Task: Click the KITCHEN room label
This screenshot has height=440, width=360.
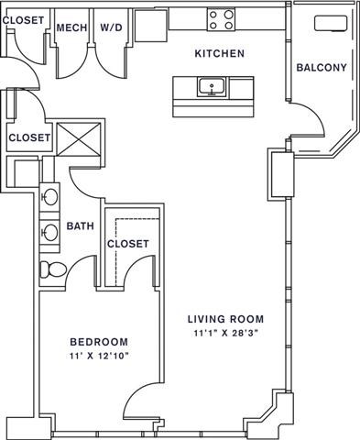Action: (x=219, y=54)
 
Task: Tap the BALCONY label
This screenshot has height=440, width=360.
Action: (x=322, y=68)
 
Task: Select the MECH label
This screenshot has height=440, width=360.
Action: (x=71, y=28)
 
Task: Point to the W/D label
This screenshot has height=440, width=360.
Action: (x=112, y=28)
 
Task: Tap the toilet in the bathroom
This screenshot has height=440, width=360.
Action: (x=51, y=269)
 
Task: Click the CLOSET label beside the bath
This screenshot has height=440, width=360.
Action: (x=127, y=244)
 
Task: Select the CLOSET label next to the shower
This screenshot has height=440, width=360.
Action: (x=28, y=138)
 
